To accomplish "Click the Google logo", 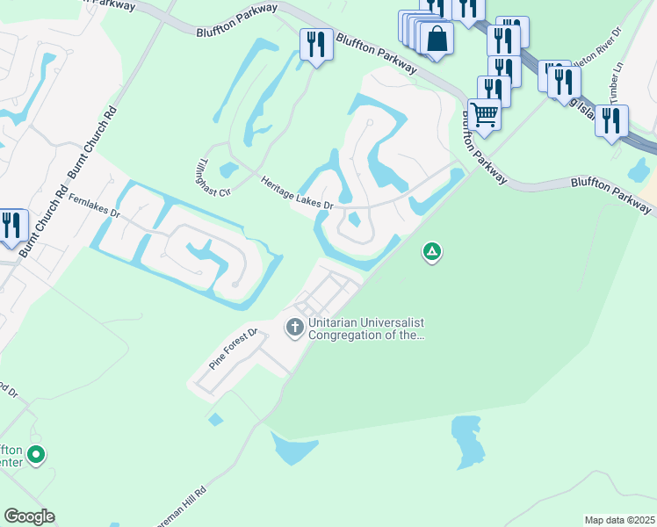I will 29,516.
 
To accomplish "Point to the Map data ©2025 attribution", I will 619,520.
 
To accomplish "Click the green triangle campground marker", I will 431,253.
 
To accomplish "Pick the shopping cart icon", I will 484,113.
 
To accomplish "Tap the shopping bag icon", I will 436,39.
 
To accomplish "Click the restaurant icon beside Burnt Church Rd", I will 11,224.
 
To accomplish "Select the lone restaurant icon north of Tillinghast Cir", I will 315,44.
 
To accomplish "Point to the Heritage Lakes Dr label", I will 297,192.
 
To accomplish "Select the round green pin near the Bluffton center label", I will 36,455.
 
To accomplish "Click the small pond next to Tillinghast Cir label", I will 227,170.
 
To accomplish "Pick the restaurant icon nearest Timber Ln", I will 610,120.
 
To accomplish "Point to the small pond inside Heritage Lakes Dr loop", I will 355,220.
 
